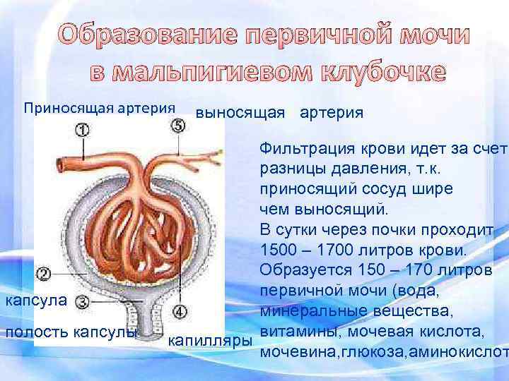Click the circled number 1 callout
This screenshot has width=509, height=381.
(x=83, y=130)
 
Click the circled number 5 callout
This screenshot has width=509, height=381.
(x=178, y=126)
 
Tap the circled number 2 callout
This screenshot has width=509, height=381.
(x=44, y=273)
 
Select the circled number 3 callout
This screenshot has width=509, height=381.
(x=82, y=301)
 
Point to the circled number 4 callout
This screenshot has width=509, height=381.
(x=180, y=310)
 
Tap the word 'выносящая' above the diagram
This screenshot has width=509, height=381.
(x=240, y=113)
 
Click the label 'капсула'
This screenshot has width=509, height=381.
(x=35, y=301)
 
